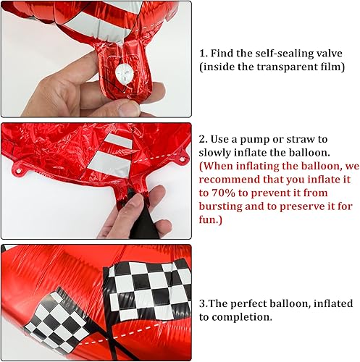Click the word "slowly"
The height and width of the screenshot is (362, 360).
click(219, 153)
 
